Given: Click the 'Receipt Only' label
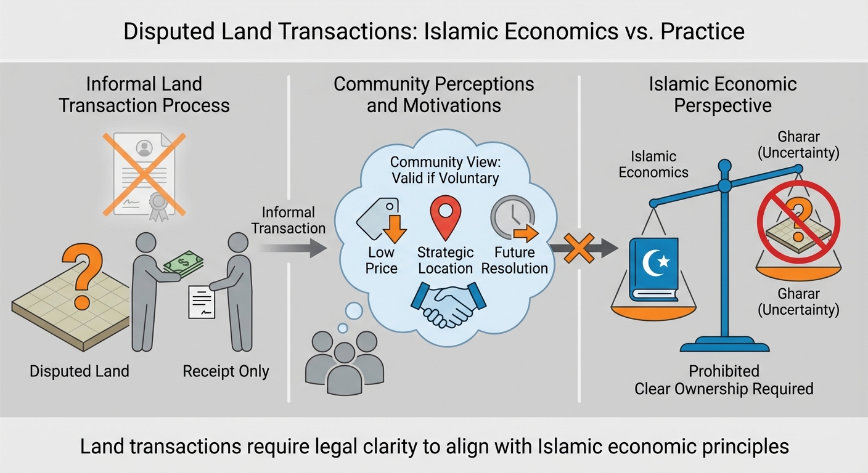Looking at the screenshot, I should (x=226, y=371).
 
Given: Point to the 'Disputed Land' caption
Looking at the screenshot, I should (x=80, y=371).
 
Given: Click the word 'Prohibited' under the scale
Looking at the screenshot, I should (x=724, y=371).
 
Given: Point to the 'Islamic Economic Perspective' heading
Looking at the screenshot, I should (x=723, y=94).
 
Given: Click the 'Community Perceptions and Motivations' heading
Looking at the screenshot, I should (x=433, y=94).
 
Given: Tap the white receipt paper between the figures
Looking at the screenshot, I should (x=202, y=302).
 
